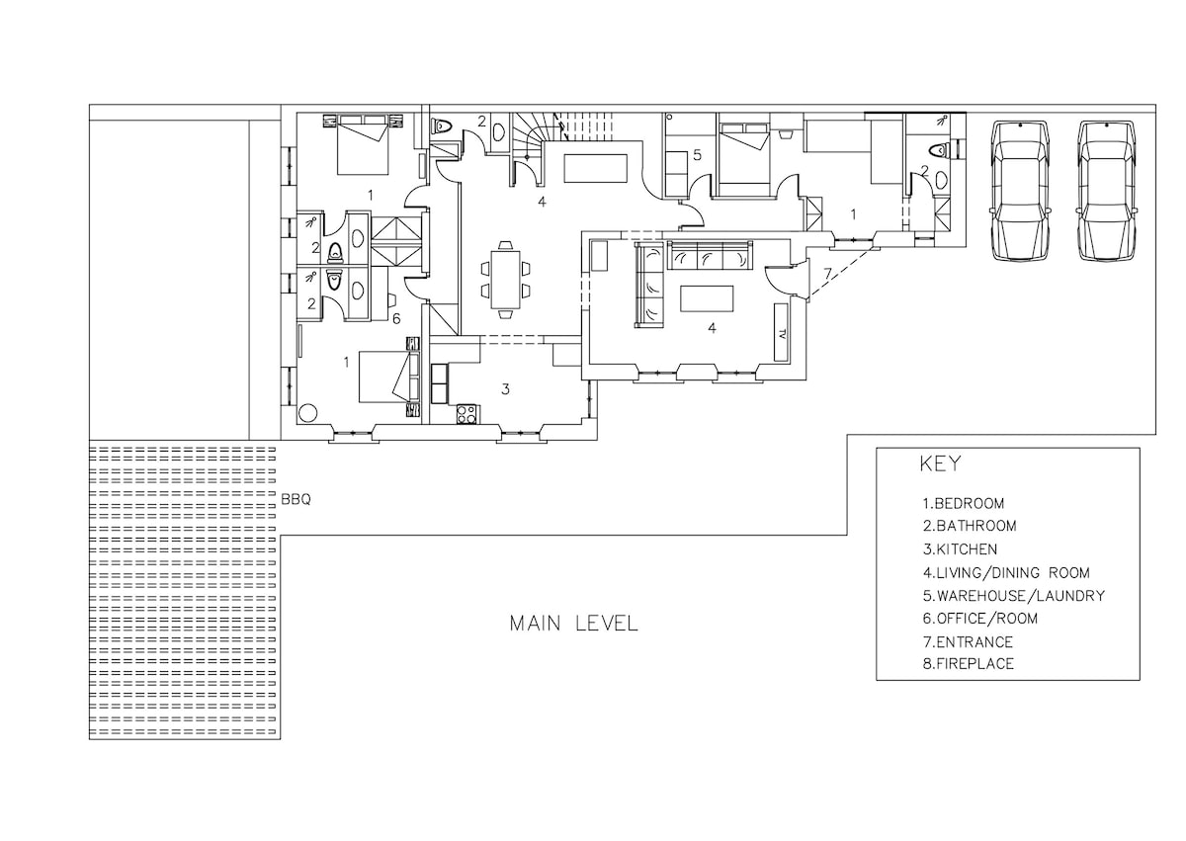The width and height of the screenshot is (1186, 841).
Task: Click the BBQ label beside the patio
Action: (x=296, y=499)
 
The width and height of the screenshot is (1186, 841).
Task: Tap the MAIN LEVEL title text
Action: (x=574, y=624)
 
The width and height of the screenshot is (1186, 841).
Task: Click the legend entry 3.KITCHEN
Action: (x=960, y=549)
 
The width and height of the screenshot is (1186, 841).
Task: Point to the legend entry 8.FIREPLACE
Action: (x=969, y=664)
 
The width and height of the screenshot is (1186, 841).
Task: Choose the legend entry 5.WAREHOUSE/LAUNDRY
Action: (x=1014, y=596)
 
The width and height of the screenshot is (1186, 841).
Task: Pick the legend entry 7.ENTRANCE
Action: (x=968, y=642)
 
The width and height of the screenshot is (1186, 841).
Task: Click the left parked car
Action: (x=1019, y=191)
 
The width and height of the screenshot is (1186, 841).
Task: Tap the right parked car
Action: (x=1106, y=191)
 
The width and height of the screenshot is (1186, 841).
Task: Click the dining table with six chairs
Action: (x=506, y=280)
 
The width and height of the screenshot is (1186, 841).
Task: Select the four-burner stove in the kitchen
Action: (x=466, y=414)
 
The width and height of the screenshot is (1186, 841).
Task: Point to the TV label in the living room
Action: (x=782, y=333)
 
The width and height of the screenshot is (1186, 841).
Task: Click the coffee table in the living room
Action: (x=707, y=299)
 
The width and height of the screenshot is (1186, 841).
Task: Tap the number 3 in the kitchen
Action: (x=505, y=389)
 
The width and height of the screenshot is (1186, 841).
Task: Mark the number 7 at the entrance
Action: (x=828, y=273)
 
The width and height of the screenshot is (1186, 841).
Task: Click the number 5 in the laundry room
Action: (x=697, y=155)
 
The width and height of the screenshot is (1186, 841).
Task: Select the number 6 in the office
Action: (x=396, y=318)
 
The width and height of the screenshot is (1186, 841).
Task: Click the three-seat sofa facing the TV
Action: (x=710, y=256)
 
